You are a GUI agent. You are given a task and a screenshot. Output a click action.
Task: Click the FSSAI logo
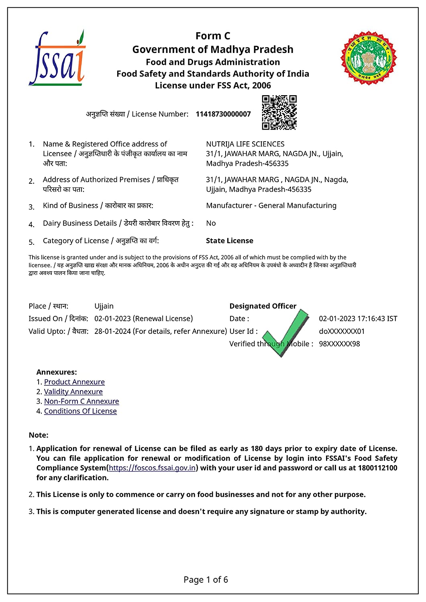point(57,58)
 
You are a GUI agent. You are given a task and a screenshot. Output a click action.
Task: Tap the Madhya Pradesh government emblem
point(368,57)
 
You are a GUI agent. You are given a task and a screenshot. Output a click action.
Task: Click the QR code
point(279,112)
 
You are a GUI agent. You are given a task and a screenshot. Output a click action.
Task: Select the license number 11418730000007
point(223,114)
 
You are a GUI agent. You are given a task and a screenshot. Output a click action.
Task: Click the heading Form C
point(213,36)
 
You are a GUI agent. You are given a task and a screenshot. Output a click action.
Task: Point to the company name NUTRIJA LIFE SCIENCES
point(245,144)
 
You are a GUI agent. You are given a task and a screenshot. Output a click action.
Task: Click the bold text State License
point(229,241)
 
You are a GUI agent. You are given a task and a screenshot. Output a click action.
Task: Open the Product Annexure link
point(74,382)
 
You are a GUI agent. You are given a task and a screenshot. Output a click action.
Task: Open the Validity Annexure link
point(73,392)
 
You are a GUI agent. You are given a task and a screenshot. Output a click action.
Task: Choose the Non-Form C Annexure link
point(82,401)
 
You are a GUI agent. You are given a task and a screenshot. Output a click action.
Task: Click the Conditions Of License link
point(80,411)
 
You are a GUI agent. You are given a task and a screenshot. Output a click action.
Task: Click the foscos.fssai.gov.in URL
point(152,468)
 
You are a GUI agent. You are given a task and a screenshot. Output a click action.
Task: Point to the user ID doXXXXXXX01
point(342,332)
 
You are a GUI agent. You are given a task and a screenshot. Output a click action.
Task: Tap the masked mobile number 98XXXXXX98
point(339,344)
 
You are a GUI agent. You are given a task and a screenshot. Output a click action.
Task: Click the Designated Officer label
point(263,306)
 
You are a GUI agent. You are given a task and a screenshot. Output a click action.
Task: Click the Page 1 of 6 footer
point(206,580)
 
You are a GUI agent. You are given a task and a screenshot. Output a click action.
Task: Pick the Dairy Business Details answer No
point(211,223)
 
